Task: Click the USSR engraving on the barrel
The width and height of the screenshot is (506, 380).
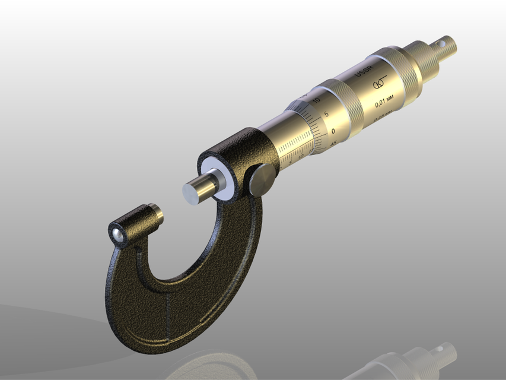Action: pos(362,72)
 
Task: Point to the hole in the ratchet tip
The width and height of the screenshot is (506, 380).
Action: pos(441,43)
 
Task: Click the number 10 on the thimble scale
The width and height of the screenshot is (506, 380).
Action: pos(316,101)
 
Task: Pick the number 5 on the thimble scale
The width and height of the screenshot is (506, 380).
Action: pos(326,115)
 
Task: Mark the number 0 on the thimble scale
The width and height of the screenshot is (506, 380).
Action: pos(333,131)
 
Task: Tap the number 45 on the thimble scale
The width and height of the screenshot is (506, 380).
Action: pos(333,143)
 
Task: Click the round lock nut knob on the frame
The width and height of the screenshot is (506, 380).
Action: pos(262,180)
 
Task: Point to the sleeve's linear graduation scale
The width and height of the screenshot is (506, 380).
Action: pos(294,148)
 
